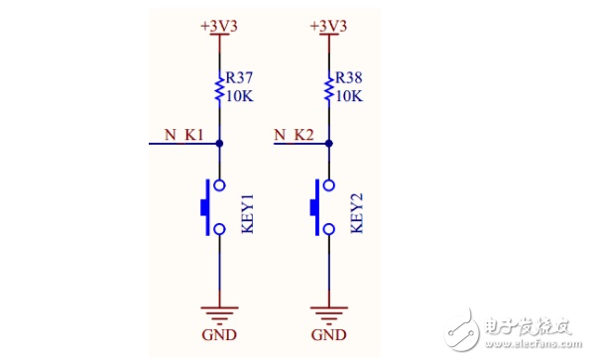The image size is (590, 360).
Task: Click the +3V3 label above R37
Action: (x=219, y=27)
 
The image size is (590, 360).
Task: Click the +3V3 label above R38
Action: (x=328, y=27)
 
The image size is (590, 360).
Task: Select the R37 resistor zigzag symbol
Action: (x=219, y=89)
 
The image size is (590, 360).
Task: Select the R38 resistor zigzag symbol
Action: (x=329, y=89)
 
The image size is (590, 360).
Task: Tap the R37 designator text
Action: (x=239, y=78)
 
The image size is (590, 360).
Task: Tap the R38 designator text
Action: (x=348, y=78)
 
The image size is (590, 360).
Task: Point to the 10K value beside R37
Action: (x=239, y=96)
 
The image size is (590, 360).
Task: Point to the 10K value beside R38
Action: (x=349, y=96)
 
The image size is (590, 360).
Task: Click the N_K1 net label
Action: (x=184, y=135)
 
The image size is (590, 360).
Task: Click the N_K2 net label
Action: (x=294, y=135)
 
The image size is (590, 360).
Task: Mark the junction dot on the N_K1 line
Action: (x=219, y=144)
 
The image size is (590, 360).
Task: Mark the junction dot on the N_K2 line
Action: (x=329, y=144)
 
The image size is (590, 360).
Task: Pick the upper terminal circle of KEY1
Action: (x=219, y=185)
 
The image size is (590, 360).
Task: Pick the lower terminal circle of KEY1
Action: (x=219, y=229)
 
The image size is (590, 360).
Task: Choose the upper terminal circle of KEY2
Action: (x=329, y=185)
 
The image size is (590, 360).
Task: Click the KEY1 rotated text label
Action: (x=247, y=213)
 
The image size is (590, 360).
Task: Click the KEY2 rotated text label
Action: (x=357, y=213)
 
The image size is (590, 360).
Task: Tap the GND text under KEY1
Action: (x=219, y=335)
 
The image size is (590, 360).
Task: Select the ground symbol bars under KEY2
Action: (x=329, y=315)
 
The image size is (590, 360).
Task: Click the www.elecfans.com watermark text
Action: (x=533, y=344)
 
